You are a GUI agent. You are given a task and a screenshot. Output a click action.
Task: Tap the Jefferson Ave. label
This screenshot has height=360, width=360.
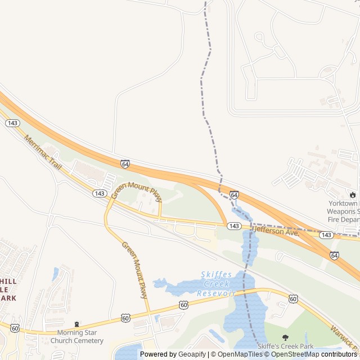pos(276,232)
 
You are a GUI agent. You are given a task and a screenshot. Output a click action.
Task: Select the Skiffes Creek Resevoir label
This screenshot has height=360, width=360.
pos(216,284)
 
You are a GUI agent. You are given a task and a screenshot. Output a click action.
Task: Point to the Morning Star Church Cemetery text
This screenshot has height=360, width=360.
pos(77,336)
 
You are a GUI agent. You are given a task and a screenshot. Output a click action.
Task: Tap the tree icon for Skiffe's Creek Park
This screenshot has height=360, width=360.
pos(285,337)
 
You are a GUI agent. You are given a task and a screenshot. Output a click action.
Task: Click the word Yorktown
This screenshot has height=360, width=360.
pos(343,204)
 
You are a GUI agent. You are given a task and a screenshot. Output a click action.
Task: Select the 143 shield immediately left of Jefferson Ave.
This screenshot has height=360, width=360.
pos(235,226)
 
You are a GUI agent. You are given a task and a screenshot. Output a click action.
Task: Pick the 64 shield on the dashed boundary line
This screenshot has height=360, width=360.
pos(234,195)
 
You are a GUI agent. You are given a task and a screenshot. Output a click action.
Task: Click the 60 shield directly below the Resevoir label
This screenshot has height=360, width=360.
pos(184,304)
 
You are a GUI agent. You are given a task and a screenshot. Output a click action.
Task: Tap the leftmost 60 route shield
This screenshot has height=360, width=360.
pos(15,328)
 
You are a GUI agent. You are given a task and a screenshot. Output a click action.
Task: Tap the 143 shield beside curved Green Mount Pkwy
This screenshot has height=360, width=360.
pos(100,193)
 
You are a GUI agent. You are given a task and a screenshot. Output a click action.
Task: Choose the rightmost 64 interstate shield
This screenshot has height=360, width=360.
pos(334,255)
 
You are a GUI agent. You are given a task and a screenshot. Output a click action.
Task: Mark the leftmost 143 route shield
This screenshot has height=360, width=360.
pos(13,123)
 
